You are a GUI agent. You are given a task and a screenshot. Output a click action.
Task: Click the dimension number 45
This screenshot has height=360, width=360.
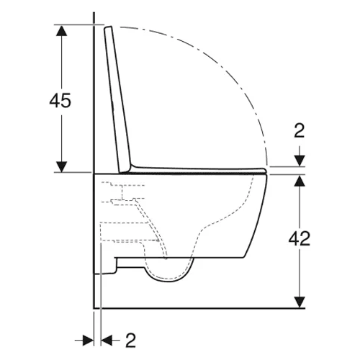[60, 100]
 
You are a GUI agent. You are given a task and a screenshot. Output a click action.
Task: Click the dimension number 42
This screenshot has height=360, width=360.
[300, 239]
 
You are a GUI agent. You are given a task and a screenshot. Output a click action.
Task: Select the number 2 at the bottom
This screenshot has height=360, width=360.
[130, 341]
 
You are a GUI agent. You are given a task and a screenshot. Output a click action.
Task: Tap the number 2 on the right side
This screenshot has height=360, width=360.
[300, 131]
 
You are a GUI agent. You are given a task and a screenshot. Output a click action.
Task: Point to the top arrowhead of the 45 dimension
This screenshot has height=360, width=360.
[62, 30]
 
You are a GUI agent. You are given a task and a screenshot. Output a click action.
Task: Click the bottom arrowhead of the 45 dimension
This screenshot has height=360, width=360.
[62, 167]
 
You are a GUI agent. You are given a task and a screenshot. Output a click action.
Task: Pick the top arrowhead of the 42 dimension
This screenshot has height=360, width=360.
[300, 181]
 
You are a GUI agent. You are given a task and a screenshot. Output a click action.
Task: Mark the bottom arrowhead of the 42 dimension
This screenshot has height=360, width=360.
[300, 302]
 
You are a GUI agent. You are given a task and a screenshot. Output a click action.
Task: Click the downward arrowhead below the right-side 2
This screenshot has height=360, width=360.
[300, 161]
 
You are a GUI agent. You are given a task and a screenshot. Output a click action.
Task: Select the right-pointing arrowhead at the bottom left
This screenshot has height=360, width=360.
[88, 341]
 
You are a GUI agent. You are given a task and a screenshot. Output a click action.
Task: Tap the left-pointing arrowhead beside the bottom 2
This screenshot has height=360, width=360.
[107, 341]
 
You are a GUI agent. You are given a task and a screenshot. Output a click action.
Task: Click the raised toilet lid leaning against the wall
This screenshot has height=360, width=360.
[117, 99]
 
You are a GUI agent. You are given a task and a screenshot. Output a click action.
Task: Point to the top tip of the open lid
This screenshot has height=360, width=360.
[108, 27]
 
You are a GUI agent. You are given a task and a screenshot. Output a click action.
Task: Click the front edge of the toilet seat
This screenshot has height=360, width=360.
[265, 171]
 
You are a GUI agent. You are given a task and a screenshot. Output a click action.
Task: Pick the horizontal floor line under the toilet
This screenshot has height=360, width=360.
[199, 308]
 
